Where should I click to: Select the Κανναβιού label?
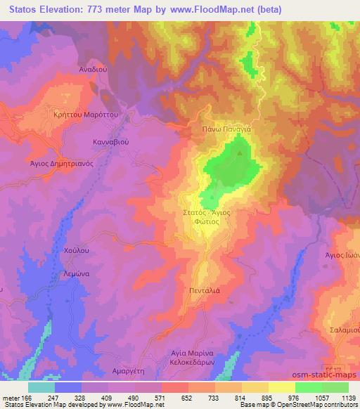click(111, 141)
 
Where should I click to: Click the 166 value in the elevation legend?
click(20, 398)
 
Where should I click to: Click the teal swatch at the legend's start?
click(41, 387)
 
